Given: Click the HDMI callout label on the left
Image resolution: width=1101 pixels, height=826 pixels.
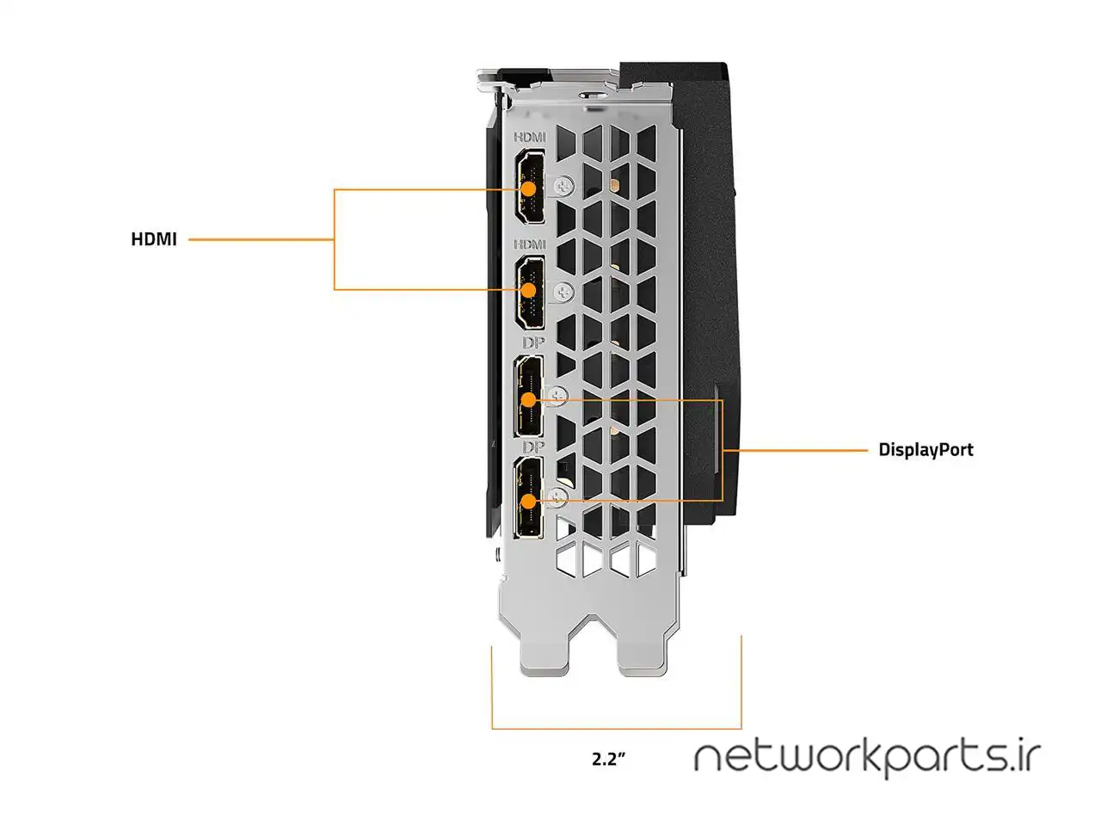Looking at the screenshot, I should (154, 239).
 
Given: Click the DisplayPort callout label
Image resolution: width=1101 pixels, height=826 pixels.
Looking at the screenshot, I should (926, 449).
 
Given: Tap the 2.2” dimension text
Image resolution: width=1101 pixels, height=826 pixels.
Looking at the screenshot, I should (607, 759).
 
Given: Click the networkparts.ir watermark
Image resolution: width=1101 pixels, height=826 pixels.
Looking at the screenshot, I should (867, 757).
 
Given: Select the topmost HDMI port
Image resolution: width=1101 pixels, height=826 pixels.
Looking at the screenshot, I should (532, 188).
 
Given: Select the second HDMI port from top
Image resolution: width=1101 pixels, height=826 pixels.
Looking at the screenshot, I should (532, 293).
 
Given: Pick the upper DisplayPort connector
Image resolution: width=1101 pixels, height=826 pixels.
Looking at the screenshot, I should (530, 398).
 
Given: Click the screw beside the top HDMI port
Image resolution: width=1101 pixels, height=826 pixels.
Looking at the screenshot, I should (565, 186).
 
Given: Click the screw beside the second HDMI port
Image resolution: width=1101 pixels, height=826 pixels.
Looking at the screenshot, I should (565, 293).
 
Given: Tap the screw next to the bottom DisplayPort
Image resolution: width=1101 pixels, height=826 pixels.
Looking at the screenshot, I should (560, 496).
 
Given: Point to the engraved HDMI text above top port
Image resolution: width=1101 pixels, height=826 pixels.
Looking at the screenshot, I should (530, 137).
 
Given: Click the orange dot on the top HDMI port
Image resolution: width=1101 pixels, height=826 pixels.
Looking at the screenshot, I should (529, 187).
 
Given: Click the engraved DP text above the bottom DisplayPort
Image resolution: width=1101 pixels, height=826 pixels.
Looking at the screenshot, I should (533, 447).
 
